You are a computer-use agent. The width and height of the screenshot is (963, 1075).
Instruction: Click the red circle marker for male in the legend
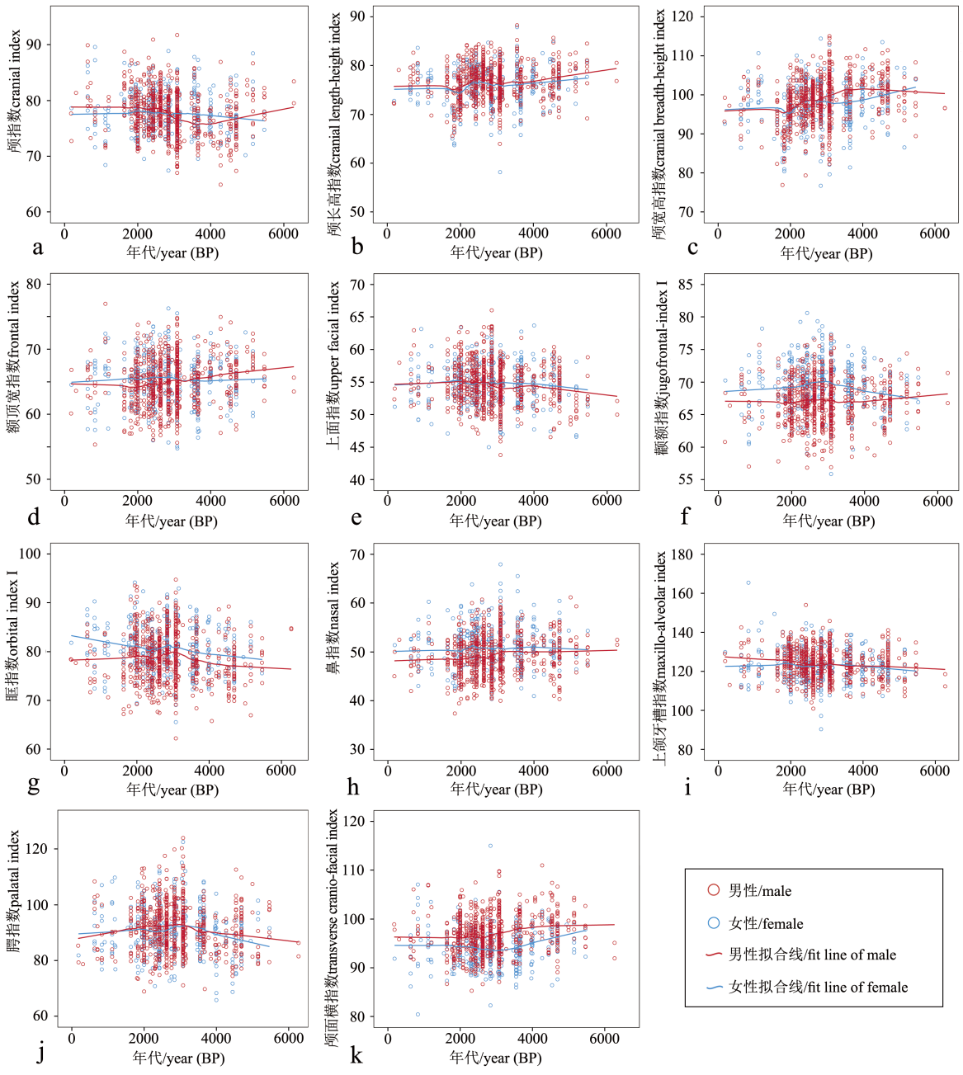714,890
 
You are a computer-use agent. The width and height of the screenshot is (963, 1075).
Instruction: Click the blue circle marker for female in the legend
714,923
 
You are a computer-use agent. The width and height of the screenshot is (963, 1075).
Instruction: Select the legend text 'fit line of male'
812,955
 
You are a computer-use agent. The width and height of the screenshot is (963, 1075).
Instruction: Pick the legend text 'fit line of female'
818,987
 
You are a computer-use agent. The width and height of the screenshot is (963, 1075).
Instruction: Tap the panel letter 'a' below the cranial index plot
37,247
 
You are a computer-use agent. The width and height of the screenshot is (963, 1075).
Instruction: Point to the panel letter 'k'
356,1054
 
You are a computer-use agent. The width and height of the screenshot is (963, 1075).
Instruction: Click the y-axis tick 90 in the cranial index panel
33,45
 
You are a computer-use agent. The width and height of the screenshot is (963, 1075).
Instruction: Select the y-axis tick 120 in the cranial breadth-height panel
683,17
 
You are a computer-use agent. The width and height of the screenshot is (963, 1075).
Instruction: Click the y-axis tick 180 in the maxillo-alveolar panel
682,554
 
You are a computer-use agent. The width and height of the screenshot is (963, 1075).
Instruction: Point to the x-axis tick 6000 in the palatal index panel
289,1038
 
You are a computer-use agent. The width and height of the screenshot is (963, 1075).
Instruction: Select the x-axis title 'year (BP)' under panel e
495,521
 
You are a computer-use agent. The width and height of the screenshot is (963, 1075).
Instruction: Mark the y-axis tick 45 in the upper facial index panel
356,447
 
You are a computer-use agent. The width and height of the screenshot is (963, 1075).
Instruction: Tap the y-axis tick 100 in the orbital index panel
30,554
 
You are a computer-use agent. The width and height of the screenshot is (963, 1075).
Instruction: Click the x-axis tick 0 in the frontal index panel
65,500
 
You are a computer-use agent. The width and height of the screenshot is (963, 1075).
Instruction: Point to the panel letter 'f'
685,516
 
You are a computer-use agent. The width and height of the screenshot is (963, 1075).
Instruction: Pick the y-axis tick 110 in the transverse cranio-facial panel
354,870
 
